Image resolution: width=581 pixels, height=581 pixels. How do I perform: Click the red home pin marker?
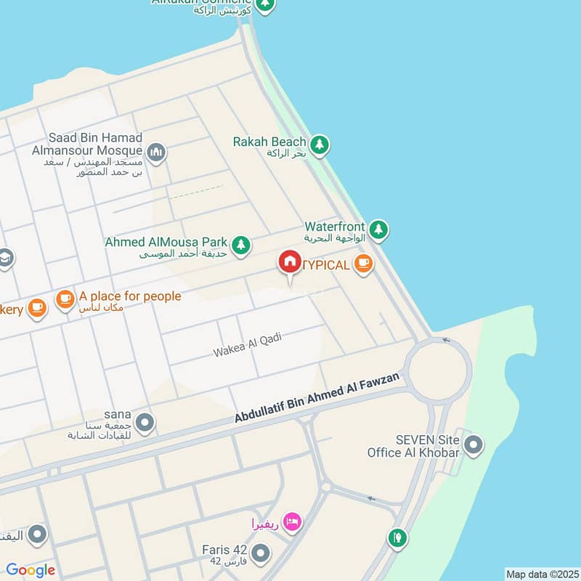(x=289, y=263)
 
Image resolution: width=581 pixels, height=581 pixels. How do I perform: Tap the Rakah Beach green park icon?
(x=320, y=145)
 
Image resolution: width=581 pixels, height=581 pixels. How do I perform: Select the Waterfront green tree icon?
(x=378, y=230)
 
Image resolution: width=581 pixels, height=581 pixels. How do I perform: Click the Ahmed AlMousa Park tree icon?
(x=241, y=245)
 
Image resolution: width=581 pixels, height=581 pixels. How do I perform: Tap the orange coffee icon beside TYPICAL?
(x=364, y=264)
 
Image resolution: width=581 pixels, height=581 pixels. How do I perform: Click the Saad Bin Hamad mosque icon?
(x=156, y=153)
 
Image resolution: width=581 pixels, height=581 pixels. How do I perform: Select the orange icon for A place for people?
(x=65, y=298)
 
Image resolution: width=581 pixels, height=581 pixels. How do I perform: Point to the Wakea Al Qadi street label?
(x=247, y=345)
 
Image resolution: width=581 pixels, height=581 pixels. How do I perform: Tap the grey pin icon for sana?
(x=145, y=423)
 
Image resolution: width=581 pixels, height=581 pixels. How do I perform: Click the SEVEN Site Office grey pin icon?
(x=474, y=444)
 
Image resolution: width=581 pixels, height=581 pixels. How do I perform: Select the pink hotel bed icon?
(x=292, y=522)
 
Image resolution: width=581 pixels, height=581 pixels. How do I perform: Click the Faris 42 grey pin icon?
(x=261, y=554)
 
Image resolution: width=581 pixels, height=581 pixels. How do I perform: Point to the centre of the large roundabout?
(x=438, y=371)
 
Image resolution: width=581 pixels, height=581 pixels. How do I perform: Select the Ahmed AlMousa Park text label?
(x=166, y=242)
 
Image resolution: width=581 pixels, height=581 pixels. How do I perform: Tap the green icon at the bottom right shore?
(x=397, y=538)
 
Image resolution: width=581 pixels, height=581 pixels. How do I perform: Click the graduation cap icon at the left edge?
(x=4, y=259)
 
